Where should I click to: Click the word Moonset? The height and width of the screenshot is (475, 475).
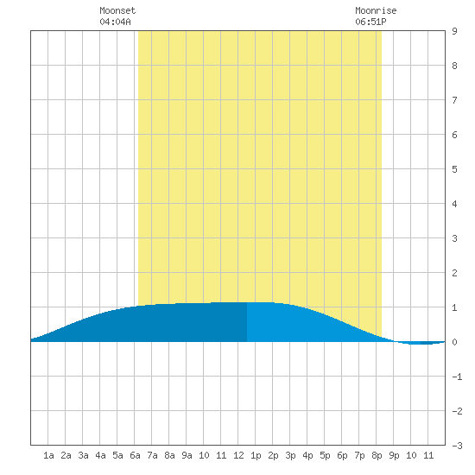pyautogui.click(x=117, y=10)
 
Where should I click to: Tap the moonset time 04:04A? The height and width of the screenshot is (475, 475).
pyautogui.click(x=115, y=22)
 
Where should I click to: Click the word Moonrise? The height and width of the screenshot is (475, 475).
pyautogui.click(x=376, y=10)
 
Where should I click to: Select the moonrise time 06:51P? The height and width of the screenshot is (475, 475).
pyautogui.click(x=370, y=22)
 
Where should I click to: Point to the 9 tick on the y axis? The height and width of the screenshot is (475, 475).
pyautogui.click(x=454, y=31)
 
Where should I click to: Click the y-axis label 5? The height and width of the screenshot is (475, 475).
pyautogui.click(x=454, y=169)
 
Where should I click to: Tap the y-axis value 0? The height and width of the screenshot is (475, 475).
pyautogui.click(x=454, y=342)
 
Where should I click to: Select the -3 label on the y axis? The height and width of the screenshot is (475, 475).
pyautogui.click(x=457, y=446)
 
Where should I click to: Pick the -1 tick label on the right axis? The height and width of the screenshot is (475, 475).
pyautogui.click(x=457, y=377)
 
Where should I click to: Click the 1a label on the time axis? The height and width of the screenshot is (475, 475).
pyautogui.click(x=48, y=455)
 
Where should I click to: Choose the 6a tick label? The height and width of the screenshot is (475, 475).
pyautogui.click(x=135, y=455)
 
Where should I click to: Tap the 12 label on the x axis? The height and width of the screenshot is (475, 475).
pyautogui.click(x=238, y=455)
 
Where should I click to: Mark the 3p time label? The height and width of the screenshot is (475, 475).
pyautogui.click(x=290, y=455)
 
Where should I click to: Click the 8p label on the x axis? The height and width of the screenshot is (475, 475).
pyautogui.click(x=377, y=455)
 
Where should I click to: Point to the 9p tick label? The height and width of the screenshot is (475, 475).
pyautogui.click(x=394, y=455)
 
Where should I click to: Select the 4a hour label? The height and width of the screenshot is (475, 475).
pyautogui.click(x=100, y=455)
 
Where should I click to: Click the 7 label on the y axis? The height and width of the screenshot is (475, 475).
pyautogui.click(x=454, y=100)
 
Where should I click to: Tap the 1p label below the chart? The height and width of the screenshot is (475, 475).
pyautogui.click(x=256, y=455)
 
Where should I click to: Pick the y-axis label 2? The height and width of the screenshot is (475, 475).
pyautogui.click(x=454, y=273)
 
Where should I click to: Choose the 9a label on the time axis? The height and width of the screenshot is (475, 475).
pyautogui.click(x=187, y=455)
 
